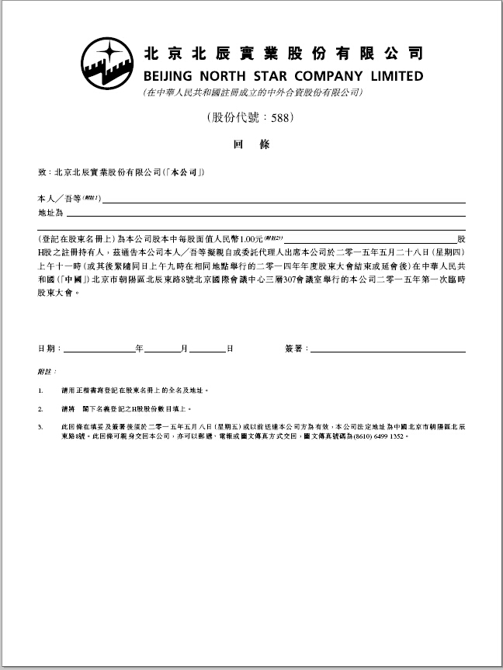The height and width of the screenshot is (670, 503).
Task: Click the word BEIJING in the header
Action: coord(172,76)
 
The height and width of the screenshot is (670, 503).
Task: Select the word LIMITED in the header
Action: coord(395,76)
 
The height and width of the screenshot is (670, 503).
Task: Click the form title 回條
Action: coord(251,144)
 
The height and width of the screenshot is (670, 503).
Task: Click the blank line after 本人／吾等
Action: coord(283,201)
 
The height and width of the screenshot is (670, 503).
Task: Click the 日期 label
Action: coord(47,349)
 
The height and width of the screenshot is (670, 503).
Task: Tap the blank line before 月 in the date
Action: coord(163,351)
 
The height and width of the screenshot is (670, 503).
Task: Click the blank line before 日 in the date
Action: coord(208,351)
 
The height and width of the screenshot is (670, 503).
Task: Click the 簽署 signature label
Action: coord(295,349)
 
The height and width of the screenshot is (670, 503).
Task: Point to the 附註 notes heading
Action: coord(46,372)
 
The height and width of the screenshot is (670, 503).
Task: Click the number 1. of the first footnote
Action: coord(40,391)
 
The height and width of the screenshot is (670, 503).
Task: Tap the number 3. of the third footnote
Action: coord(40,427)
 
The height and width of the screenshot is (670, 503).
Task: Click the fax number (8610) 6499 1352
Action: coord(382,436)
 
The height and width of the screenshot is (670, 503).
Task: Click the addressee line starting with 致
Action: coord(121,172)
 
